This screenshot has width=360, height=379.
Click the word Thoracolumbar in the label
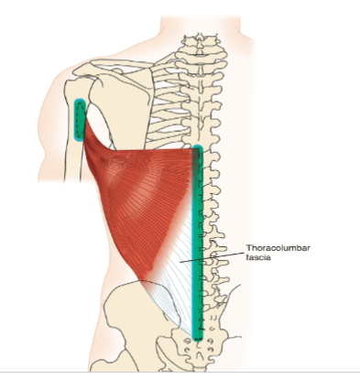278,248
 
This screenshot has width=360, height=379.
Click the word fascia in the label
258,257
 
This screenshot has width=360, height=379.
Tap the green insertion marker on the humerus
80,120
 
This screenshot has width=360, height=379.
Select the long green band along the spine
198,243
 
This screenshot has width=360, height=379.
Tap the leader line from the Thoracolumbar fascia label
212,257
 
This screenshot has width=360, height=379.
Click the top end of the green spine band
198,146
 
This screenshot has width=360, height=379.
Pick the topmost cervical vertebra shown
200,39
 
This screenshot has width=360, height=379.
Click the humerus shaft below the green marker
73,162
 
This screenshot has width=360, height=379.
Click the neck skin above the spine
200,25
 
